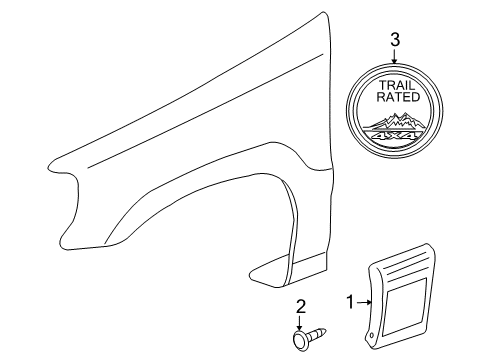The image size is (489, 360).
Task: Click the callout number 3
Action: [x=394, y=40]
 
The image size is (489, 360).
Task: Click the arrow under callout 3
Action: [x=394, y=55]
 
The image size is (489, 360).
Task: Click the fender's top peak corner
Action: [x=325, y=14]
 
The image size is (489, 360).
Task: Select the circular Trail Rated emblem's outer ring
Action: [x=349, y=110]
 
